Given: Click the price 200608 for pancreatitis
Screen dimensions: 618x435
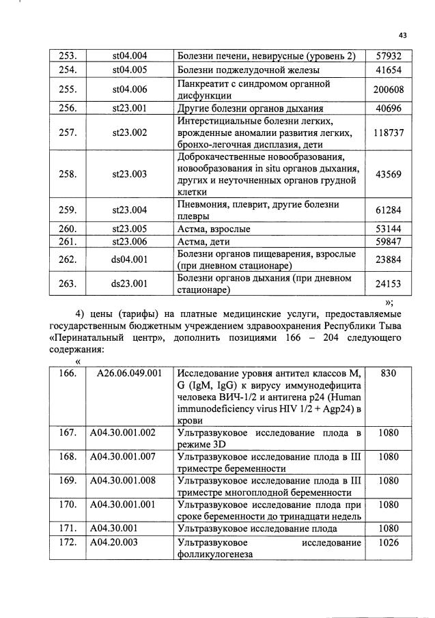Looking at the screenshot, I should click(x=387, y=89).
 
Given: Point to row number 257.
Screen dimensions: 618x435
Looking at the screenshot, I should click(x=67, y=132).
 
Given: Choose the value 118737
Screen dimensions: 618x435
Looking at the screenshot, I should click(x=387, y=132).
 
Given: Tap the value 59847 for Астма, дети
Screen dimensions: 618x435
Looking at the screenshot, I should click(x=387, y=242).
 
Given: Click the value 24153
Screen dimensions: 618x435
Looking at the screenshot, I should click(x=387, y=284).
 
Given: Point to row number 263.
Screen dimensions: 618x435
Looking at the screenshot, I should click(x=67, y=284).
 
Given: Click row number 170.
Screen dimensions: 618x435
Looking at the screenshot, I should click(x=67, y=506).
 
